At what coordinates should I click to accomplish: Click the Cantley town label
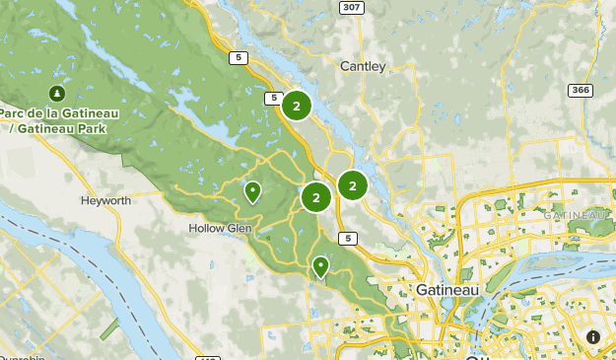click(363, 66)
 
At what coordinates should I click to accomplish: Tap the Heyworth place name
click(105, 200)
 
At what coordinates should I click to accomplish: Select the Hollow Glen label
click(220, 228)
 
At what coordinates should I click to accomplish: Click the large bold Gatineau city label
click(446, 290)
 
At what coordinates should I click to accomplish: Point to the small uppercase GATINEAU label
click(576, 214)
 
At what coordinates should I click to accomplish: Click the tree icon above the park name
click(58, 94)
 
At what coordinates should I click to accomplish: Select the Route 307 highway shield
click(350, 7)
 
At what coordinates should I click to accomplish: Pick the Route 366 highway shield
click(580, 90)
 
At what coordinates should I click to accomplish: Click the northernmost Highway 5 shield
click(237, 57)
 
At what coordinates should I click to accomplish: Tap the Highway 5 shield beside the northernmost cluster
click(273, 97)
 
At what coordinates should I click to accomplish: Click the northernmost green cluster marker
click(297, 107)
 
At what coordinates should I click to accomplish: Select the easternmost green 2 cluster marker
click(352, 184)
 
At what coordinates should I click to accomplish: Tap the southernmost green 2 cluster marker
click(316, 197)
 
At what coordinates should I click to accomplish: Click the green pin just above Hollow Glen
click(253, 191)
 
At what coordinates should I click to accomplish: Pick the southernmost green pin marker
click(320, 266)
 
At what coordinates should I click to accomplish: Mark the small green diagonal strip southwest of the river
click(109, 328)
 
